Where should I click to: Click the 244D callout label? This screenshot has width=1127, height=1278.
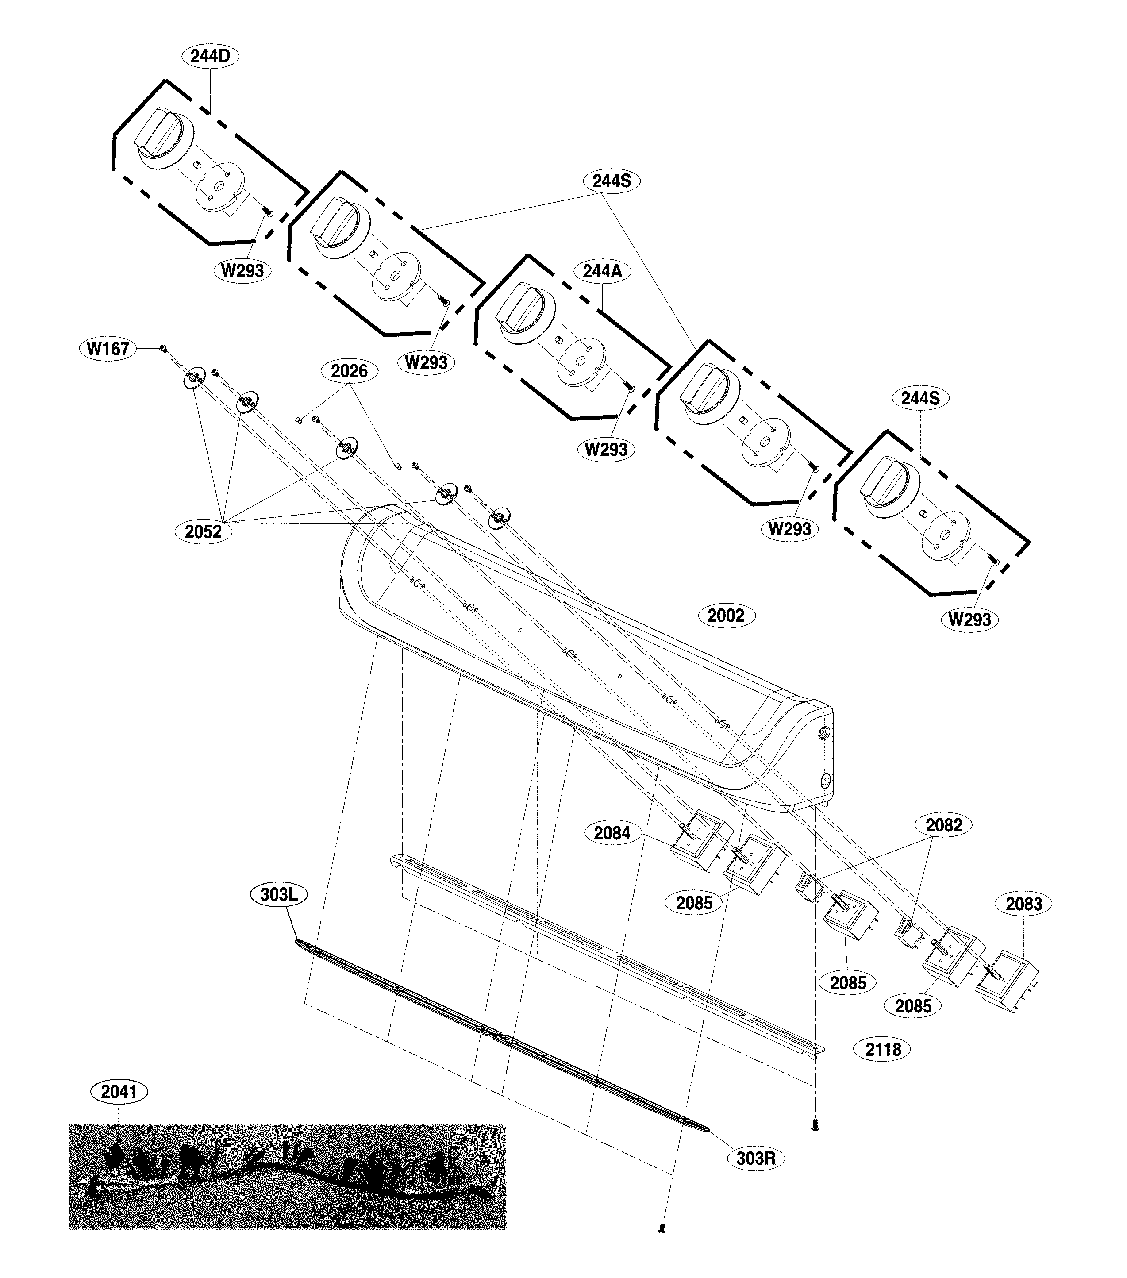coord(210,56)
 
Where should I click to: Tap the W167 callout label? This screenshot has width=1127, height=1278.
coord(108,348)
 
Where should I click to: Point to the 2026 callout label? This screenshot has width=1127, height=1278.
coord(349,371)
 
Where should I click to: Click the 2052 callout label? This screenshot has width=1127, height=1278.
coord(203,531)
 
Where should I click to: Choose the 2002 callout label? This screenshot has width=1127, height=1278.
coord(726,616)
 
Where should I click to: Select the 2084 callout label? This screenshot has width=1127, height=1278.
coord(612,833)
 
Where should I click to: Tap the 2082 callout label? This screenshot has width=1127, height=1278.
coord(944,825)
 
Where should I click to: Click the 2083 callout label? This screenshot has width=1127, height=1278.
coord(1024,904)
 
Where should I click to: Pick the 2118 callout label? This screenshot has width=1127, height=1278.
coord(883,1050)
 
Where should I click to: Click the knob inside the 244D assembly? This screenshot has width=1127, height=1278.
coord(158,135)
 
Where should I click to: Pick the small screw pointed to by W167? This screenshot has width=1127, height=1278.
coord(162,348)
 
